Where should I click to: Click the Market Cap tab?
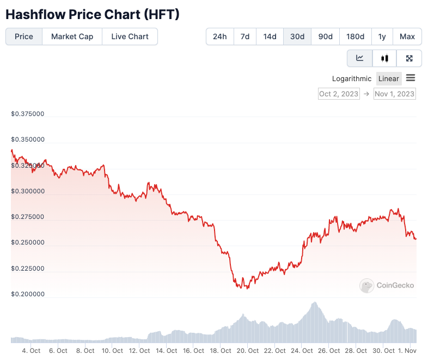pos(72,36)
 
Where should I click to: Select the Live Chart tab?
pos(130,36)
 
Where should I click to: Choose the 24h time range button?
pos(220,36)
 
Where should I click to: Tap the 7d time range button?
pos(245,36)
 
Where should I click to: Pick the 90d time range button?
pos(325,36)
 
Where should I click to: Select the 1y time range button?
pos(382,36)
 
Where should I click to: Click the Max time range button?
pos(407,36)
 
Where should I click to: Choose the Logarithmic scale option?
pos(352,78)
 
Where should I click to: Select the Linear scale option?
pos(389,78)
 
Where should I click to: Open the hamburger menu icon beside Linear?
pos(411,78)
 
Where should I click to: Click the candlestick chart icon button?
pos(384,58)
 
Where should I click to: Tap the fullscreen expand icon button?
pos(409,58)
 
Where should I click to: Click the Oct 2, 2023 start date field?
pos(339,94)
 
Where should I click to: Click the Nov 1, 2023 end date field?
pos(395,94)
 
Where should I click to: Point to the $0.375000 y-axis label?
pos(28,114)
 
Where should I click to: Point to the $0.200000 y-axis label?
pos(28,294)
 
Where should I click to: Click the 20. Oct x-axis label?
pos(247,351)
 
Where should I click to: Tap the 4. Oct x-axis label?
pos(31,351)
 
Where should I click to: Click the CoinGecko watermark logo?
pos(387,285)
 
